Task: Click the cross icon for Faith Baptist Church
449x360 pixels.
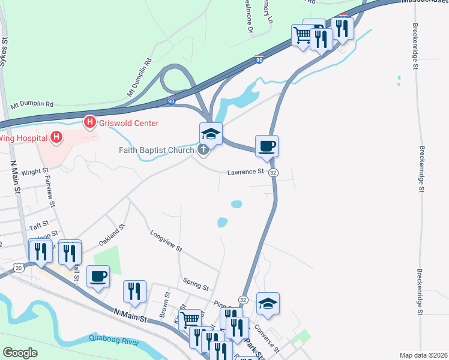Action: pos(203,150)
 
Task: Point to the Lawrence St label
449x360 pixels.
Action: pos(246,172)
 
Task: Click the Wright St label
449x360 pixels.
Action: pos(34,172)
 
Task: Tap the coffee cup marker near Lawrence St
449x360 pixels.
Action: pos(267,145)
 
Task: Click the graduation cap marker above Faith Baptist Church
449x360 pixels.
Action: pos(211,133)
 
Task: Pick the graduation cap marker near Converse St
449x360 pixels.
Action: pos(268,303)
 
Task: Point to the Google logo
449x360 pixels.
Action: pos(20,353)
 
